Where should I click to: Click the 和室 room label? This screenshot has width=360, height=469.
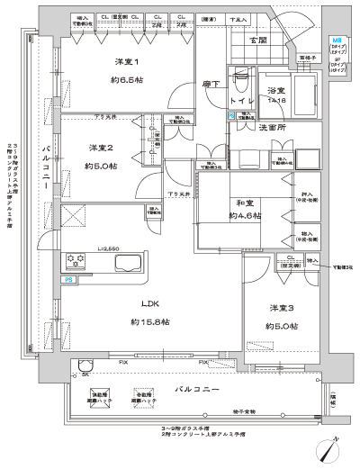(240, 203)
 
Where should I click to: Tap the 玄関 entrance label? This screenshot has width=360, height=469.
(256, 39)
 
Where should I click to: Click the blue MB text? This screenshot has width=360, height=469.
(337, 40)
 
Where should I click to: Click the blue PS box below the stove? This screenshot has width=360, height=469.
(68, 280)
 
